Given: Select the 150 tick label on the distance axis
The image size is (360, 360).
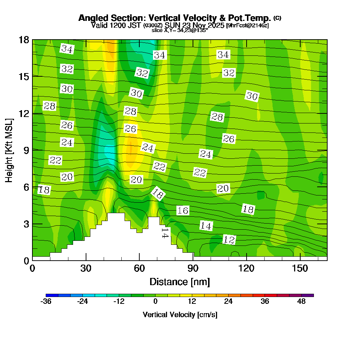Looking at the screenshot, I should (x=300, y=269).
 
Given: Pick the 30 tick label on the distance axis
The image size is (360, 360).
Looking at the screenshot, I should (x=86, y=269).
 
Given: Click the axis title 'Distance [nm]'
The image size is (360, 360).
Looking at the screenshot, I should (x=180, y=281).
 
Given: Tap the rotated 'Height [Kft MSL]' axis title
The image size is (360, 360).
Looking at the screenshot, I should (x=9, y=149).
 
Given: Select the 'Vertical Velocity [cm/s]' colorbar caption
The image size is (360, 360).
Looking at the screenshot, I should (x=180, y=315).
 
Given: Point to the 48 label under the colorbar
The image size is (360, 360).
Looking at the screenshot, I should (x=301, y=302).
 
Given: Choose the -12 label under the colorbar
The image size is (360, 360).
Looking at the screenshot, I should (x=119, y=302).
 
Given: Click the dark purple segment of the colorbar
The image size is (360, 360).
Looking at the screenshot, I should (x=310, y=295).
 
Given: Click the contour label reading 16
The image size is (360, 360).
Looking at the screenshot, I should (x=183, y=211).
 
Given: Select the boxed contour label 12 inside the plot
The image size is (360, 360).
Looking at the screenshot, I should (x=229, y=239).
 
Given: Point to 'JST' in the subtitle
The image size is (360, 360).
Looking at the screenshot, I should (x=134, y=26).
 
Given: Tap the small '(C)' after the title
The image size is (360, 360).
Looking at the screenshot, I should (x=277, y=18).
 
